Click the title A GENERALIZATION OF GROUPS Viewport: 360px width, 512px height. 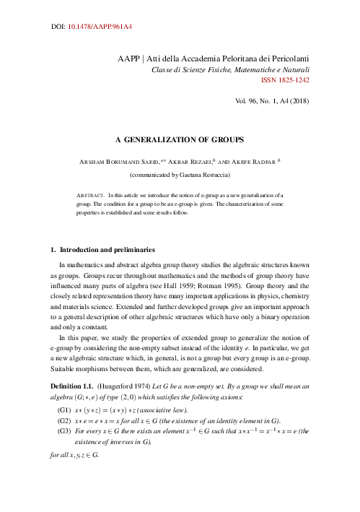pos(179,138)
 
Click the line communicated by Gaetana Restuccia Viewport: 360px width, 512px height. pos(180,175)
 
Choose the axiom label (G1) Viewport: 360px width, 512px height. pos(63,409)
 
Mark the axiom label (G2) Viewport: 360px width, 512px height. pos(63,420)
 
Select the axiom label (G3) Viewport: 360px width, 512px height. pos(63,431)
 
